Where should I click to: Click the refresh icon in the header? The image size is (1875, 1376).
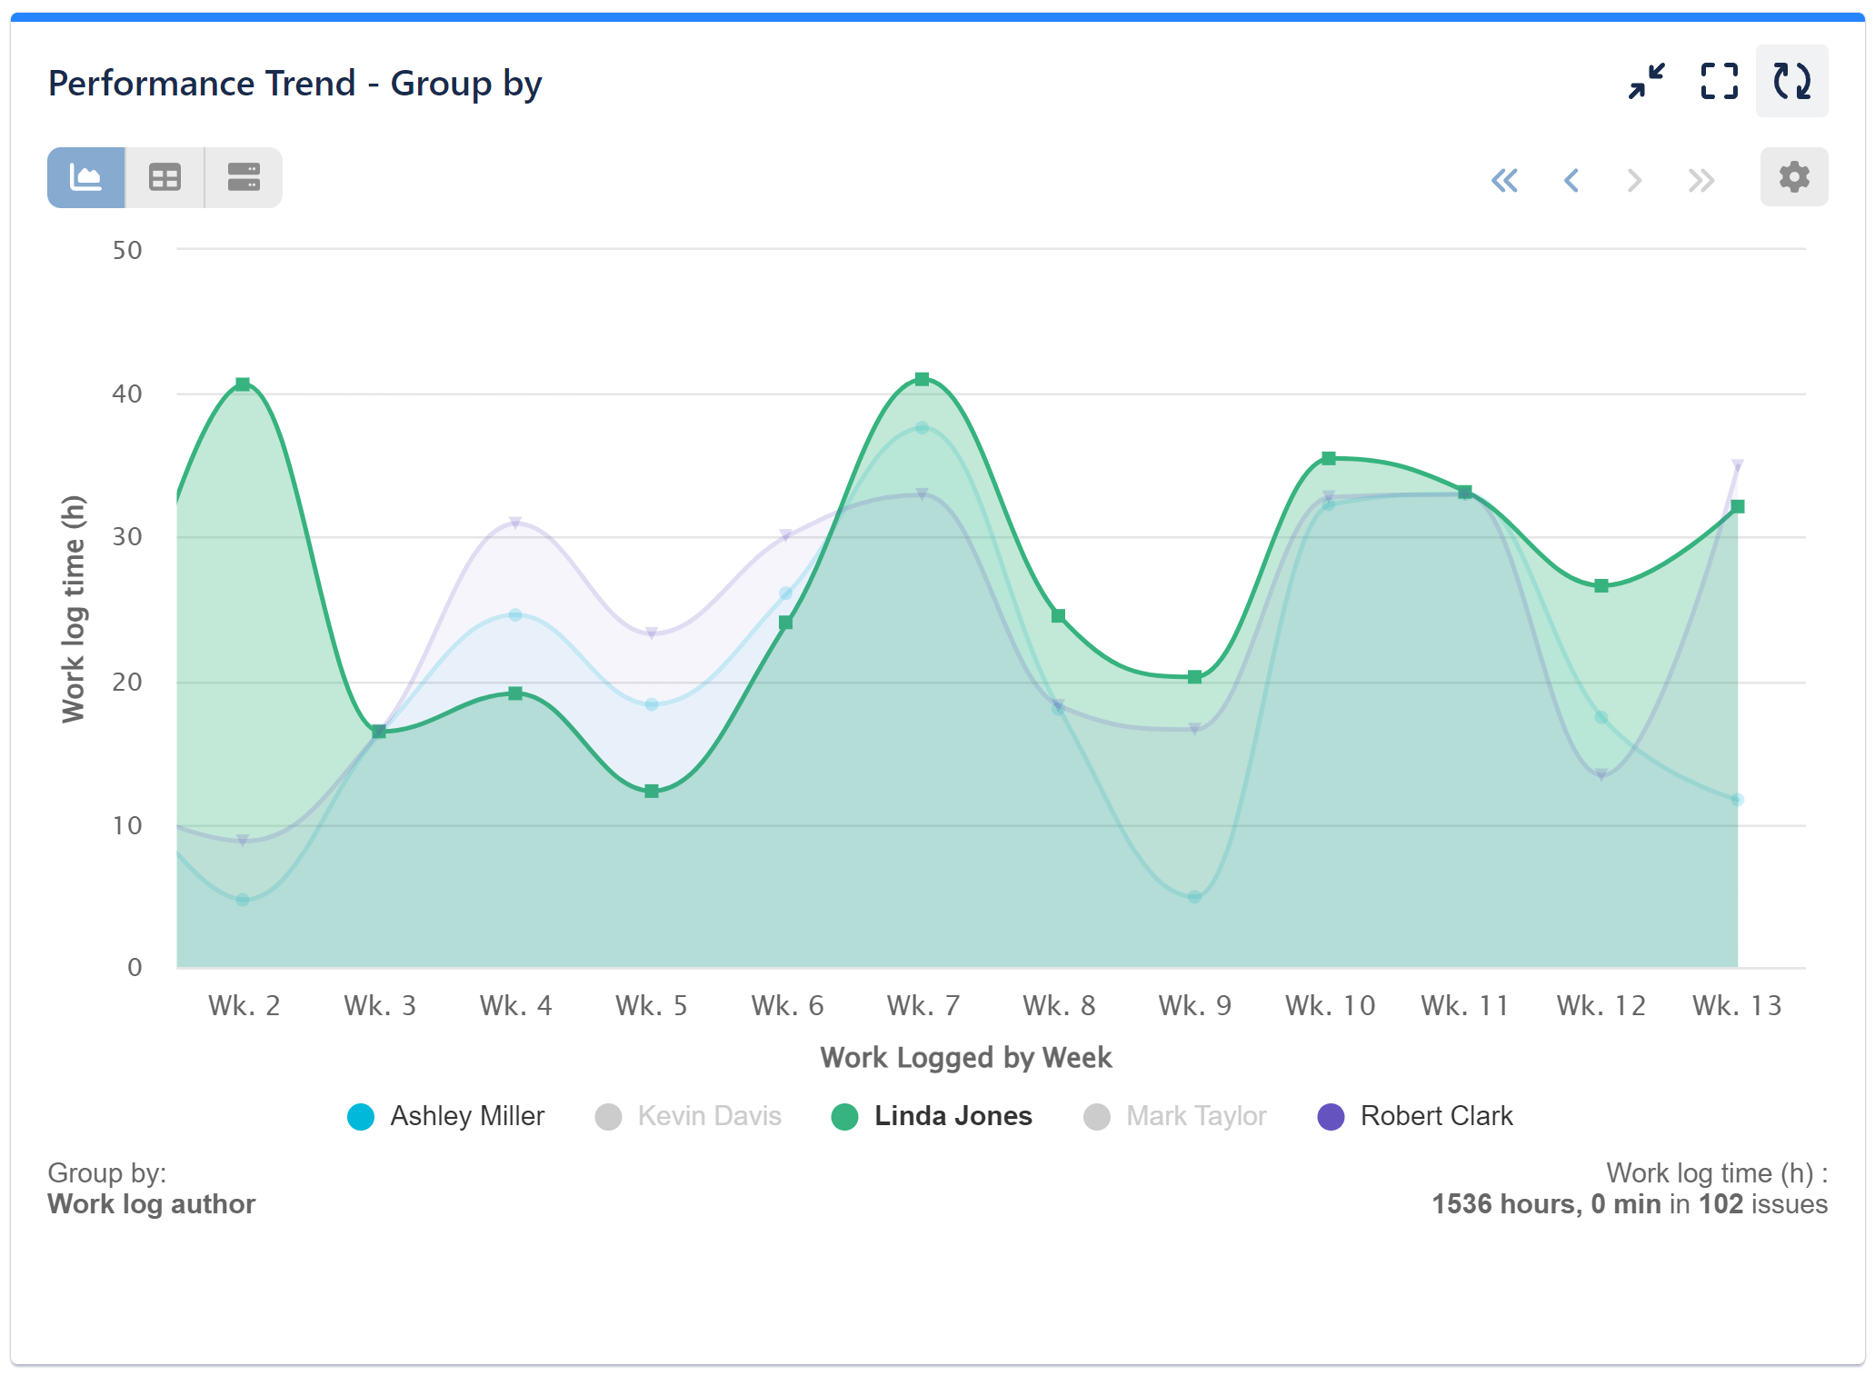click(x=1791, y=81)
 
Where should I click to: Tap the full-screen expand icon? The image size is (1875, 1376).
click(x=1719, y=81)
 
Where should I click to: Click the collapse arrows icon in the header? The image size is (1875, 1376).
click(x=1646, y=81)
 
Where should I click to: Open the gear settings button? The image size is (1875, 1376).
click(x=1793, y=176)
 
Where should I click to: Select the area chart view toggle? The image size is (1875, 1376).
click(x=86, y=177)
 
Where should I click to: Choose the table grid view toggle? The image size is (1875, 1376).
click(x=165, y=177)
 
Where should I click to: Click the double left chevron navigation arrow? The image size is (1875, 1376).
click(x=1504, y=180)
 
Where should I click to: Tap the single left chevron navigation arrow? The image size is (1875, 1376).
click(x=1571, y=180)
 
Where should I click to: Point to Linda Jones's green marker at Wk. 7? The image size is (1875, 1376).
click(x=922, y=379)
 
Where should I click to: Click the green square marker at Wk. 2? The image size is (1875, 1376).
click(x=243, y=384)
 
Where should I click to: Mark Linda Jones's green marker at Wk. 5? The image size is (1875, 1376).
click(x=651, y=792)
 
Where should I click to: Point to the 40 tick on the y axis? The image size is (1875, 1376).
click(x=127, y=394)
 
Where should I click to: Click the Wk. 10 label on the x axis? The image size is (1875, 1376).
click(x=1330, y=1005)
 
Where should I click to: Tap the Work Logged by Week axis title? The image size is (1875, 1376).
click(x=965, y=1057)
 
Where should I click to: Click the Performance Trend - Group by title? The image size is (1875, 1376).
click(x=294, y=84)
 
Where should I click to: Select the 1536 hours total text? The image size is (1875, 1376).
click(x=1505, y=1204)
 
